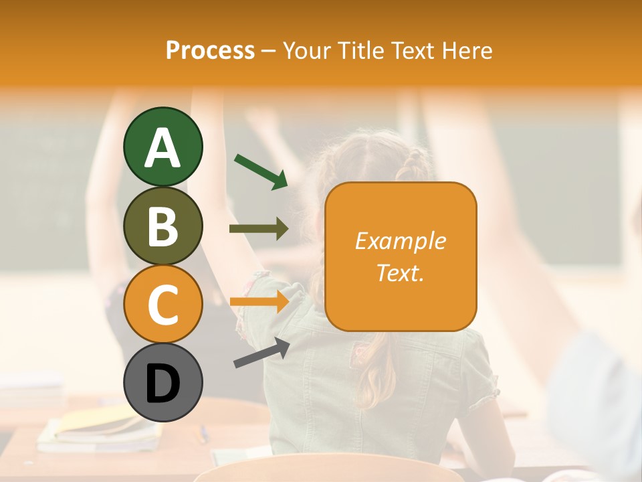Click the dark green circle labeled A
pos(163,147)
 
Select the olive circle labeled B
pos(163,226)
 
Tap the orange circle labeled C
pos(163,304)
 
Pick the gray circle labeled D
pos(163,382)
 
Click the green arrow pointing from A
pos(261,171)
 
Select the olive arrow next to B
pos(259,228)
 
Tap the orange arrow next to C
pos(259,301)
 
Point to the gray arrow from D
pos(261,353)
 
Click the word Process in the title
pos(210,50)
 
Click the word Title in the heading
pos(355,50)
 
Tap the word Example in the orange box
pos(401,241)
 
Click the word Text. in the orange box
pos(401,272)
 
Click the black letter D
pos(163,384)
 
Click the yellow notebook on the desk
pos(100,422)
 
